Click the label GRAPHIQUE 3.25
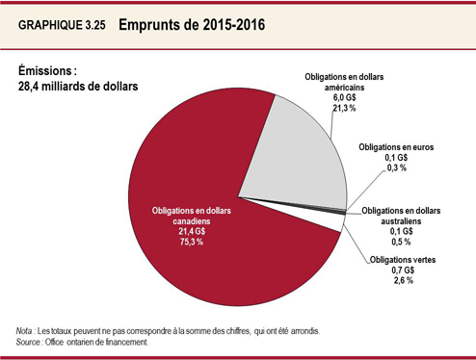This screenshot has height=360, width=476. pyautogui.click(x=59, y=27)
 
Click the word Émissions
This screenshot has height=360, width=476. pyautogui.click(x=47, y=70)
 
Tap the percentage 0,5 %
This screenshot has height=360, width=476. pyautogui.click(x=402, y=243)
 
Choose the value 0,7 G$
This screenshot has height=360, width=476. pyautogui.click(x=403, y=270)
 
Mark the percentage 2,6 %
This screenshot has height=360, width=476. pyautogui.click(x=403, y=281)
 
